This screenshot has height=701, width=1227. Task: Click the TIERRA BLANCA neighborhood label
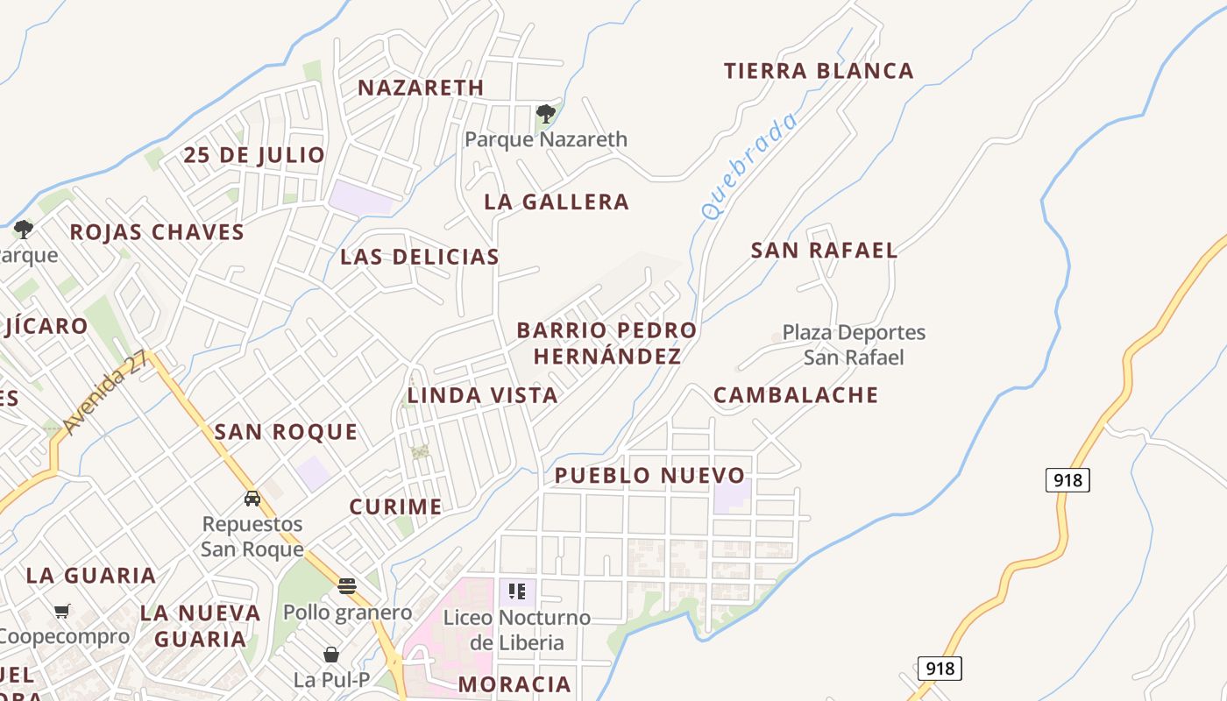tap(819, 71)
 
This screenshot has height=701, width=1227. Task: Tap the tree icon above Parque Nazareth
tap(545, 113)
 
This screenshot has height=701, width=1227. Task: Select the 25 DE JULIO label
tap(254, 155)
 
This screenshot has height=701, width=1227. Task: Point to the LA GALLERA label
tap(557, 202)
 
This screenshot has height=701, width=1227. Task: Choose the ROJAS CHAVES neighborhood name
tap(157, 232)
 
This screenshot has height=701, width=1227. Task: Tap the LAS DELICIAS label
tap(420, 257)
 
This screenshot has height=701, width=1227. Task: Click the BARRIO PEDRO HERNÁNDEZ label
tap(606, 343)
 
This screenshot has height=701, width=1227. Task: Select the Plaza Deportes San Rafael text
tap(854, 345)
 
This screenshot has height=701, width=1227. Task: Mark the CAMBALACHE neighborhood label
tap(796, 395)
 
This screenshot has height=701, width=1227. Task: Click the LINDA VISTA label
tap(483, 395)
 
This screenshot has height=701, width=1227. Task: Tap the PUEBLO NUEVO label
tap(649, 476)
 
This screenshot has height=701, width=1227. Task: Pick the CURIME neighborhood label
tap(395, 506)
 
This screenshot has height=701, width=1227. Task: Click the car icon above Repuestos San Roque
tap(252, 499)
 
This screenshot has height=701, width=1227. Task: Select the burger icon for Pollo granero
tap(347, 586)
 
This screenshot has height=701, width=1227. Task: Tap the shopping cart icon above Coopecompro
tap(61, 611)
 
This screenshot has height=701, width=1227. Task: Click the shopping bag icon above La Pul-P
tap(331, 655)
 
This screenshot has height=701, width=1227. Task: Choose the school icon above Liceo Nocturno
tap(517, 591)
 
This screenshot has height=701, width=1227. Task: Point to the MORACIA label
tap(514, 683)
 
